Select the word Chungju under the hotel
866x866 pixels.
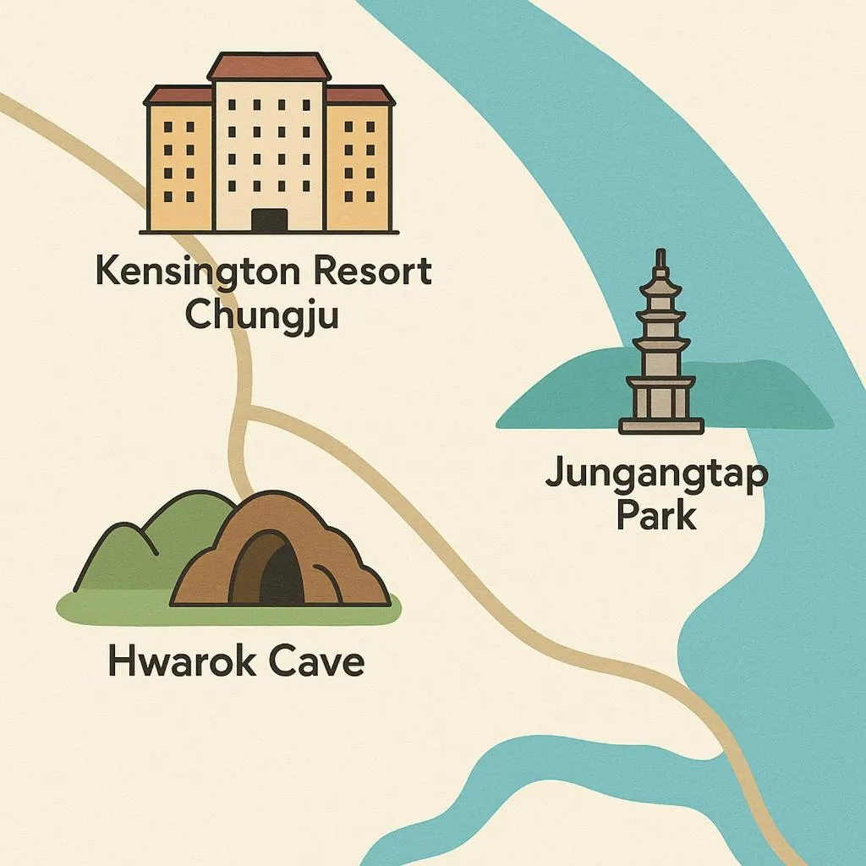pyautogui.click(x=262, y=314)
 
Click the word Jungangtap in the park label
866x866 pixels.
pyautogui.click(x=656, y=474)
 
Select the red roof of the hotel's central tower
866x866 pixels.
pyautogui.click(x=269, y=67)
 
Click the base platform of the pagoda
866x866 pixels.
pyautogui.click(x=661, y=425)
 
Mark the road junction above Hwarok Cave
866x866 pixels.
pyautogui.click(x=248, y=412)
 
